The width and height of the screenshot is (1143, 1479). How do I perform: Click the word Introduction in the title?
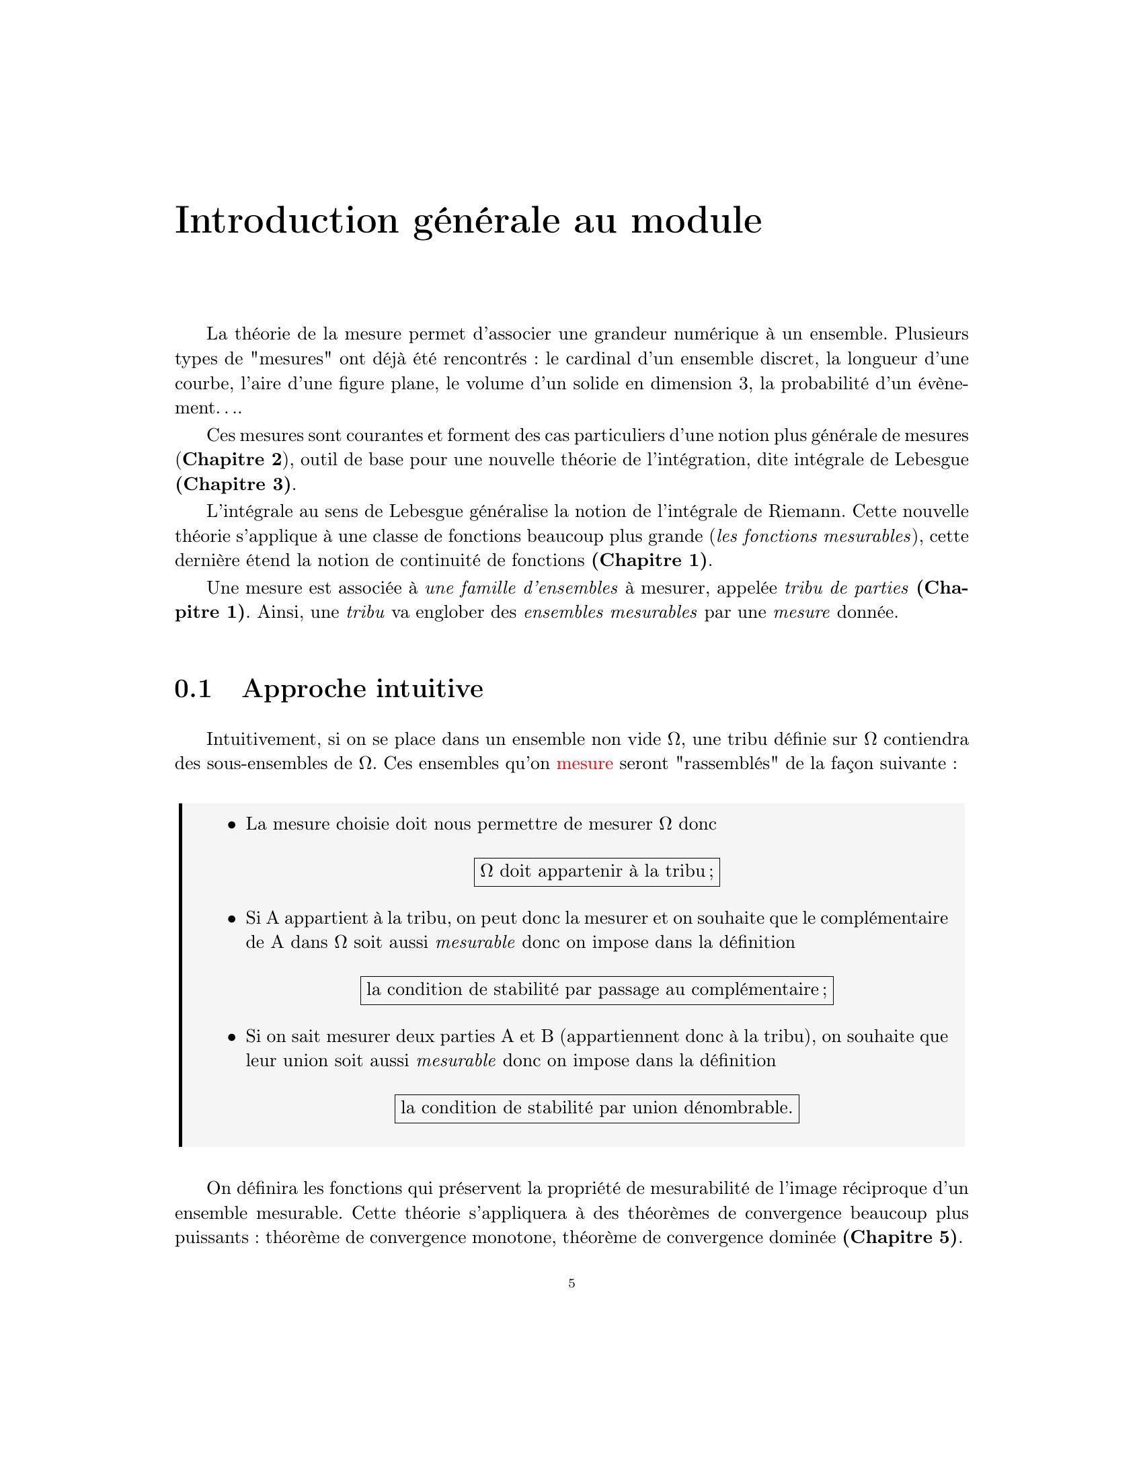point(286,221)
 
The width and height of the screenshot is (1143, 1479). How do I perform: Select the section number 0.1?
point(193,688)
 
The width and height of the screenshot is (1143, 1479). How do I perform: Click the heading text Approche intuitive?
point(363,688)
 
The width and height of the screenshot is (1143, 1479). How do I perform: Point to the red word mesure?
point(584,764)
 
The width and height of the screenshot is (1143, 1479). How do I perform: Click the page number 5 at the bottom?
point(572,1283)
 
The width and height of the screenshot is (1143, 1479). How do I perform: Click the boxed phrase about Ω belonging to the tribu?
point(596,871)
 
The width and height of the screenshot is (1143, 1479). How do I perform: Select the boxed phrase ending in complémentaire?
point(596,990)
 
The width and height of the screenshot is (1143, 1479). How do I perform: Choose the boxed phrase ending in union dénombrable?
point(596,1108)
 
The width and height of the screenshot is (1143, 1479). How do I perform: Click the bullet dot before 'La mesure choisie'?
point(231,825)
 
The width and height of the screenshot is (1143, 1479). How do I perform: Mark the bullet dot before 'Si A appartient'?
point(231,919)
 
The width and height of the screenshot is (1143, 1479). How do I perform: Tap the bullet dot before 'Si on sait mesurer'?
point(231,1037)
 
